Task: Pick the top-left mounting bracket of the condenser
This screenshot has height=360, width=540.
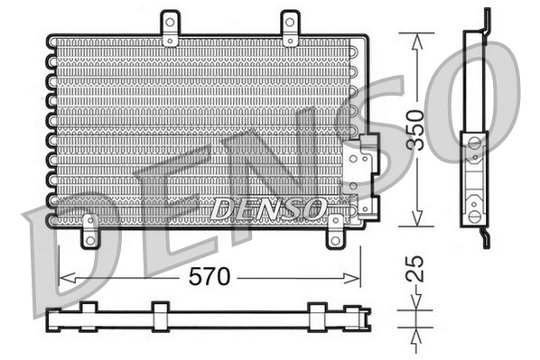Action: pos(170,29)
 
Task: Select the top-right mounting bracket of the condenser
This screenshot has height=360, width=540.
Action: pos(289,29)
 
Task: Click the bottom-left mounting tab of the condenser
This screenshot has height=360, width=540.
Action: pos(89,232)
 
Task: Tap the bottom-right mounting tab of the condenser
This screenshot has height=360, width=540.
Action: pos(335,232)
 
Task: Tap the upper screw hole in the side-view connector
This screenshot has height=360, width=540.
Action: pos(474,143)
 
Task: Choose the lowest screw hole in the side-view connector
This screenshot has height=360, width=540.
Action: pos(474,217)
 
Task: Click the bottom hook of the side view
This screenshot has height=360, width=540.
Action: pos(485,238)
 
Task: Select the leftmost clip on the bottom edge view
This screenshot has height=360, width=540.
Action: pos(88,316)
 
